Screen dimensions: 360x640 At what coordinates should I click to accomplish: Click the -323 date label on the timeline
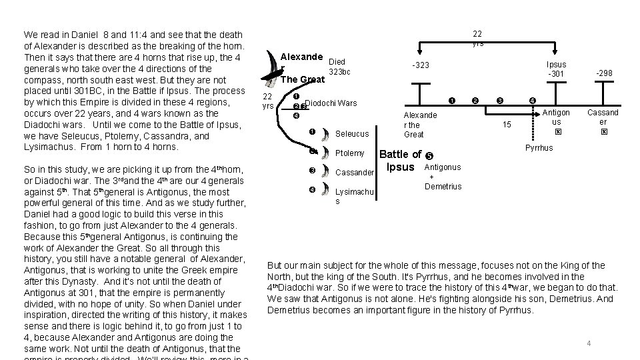(x=421, y=65)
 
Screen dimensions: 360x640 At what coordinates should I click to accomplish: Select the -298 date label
(x=605, y=73)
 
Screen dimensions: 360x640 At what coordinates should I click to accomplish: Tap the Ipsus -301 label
(x=556, y=69)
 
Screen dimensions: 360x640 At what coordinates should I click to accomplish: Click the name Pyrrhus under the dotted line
(x=539, y=147)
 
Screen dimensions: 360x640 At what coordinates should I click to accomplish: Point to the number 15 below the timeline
(x=507, y=125)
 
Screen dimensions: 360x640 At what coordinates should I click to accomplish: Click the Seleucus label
(x=352, y=134)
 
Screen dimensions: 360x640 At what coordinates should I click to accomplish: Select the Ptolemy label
(x=350, y=153)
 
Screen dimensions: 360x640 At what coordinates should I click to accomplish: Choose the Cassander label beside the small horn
(x=355, y=172)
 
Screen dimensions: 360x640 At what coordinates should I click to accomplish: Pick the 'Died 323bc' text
(x=339, y=67)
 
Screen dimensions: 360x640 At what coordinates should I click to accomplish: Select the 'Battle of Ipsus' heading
(x=400, y=161)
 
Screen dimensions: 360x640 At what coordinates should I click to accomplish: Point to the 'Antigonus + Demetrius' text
(x=442, y=177)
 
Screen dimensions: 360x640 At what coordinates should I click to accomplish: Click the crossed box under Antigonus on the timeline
(x=559, y=132)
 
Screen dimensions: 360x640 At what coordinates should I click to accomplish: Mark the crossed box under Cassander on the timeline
(x=603, y=132)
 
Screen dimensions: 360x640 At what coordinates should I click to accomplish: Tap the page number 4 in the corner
(x=589, y=343)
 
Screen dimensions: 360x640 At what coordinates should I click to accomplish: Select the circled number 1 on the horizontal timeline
(x=451, y=101)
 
